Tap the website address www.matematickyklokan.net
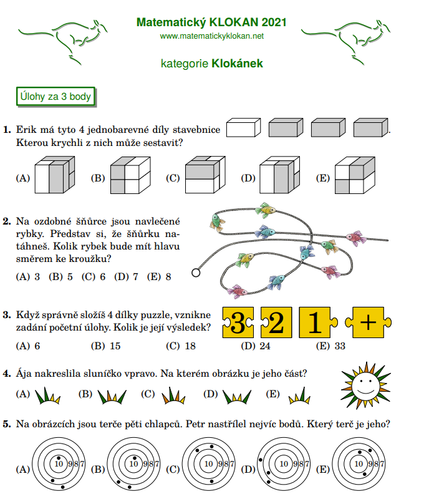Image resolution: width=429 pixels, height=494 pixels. point(211,36)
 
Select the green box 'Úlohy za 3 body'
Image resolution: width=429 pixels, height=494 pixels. point(55,97)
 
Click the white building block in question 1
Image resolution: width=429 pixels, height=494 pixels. point(243,128)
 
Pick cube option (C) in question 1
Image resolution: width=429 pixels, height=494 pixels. point(205,175)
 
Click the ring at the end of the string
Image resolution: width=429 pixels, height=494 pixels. point(196,273)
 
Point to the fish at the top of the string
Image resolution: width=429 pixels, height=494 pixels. point(266,210)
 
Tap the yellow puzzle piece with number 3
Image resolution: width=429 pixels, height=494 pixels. point(238,322)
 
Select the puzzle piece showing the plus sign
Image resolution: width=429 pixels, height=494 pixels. point(369,322)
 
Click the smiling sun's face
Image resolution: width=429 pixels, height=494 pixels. point(365,385)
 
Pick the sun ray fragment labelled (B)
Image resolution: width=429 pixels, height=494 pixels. point(112,397)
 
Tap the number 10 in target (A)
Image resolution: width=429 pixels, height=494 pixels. point(59,464)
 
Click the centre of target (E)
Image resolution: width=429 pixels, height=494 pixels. point(359,464)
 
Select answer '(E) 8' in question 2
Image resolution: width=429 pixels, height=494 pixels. point(159,277)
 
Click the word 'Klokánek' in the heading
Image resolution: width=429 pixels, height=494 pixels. point(237,64)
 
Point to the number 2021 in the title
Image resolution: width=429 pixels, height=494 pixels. point(274,22)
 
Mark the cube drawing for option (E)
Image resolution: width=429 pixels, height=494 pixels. point(355,175)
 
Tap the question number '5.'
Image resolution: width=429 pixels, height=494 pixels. point(7,424)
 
